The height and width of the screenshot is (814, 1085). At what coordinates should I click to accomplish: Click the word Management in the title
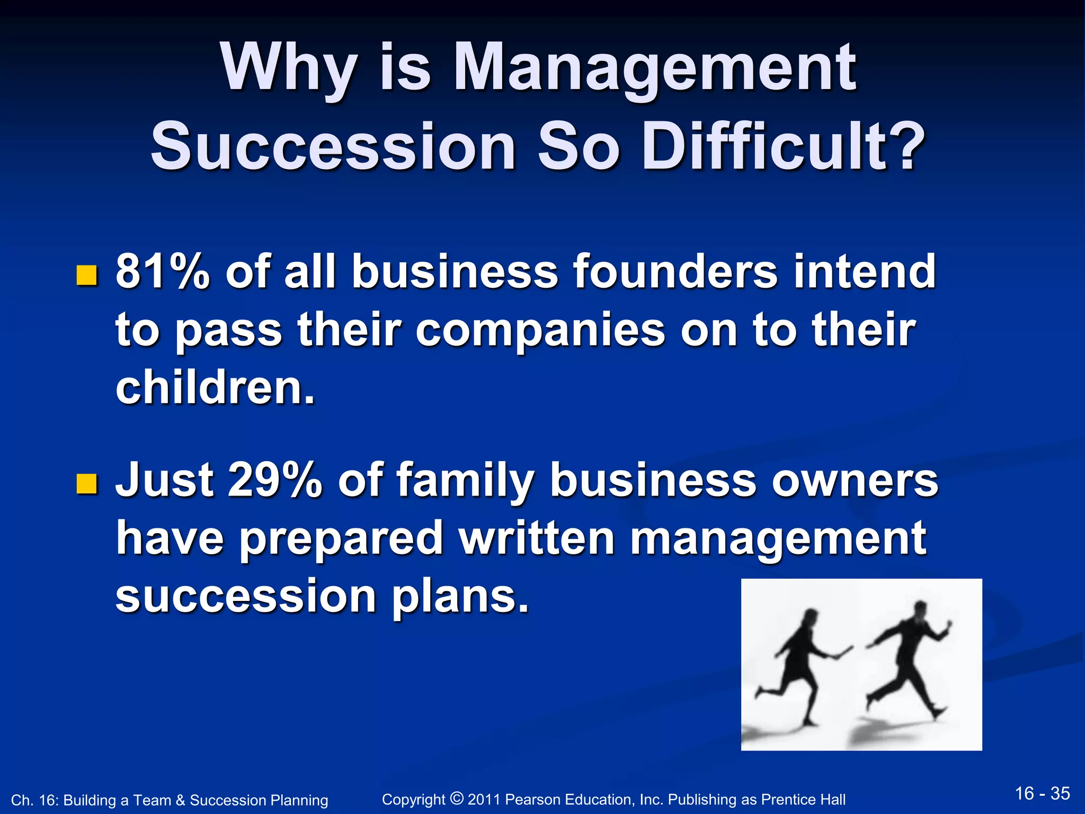click(x=654, y=69)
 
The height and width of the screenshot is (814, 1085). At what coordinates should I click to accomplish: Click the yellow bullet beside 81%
click(x=87, y=276)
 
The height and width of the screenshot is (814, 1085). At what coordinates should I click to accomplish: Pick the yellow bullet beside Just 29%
click(x=87, y=484)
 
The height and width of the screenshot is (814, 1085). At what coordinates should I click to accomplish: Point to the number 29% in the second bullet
click(x=274, y=480)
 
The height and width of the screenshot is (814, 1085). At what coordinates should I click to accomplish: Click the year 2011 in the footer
click(x=484, y=799)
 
